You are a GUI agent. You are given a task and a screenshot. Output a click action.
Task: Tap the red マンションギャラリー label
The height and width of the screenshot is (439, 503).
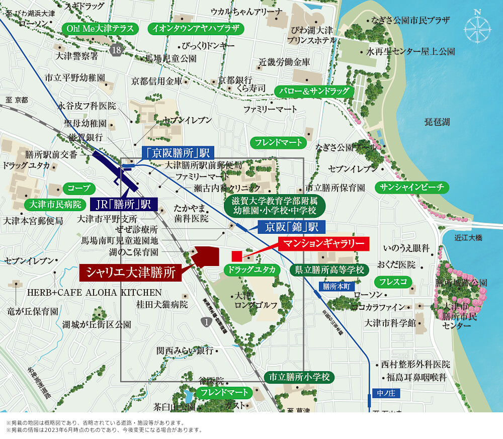pyautogui.click(x=324, y=243)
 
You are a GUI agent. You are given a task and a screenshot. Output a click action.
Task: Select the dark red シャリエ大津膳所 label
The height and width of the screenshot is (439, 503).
pyautogui.click(x=130, y=273)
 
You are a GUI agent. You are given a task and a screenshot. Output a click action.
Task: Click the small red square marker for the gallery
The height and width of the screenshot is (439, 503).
pyautogui.click(x=237, y=256)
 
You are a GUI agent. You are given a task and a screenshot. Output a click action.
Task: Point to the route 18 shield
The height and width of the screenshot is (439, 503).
pyautogui.click(x=117, y=49)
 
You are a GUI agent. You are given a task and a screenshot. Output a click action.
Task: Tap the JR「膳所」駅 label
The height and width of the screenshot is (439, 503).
pyautogui.click(x=124, y=205)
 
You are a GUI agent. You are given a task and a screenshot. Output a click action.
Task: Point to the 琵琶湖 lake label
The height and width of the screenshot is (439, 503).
pyautogui.click(x=437, y=122)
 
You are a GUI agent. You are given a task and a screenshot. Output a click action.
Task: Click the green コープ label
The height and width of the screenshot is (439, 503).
pyautogui.click(x=79, y=189)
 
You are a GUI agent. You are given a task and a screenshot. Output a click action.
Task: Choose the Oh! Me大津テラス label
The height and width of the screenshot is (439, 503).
pyautogui.click(x=100, y=29)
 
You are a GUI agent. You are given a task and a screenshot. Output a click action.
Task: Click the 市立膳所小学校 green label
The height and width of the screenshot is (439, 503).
pyautogui.click(x=299, y=377)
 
